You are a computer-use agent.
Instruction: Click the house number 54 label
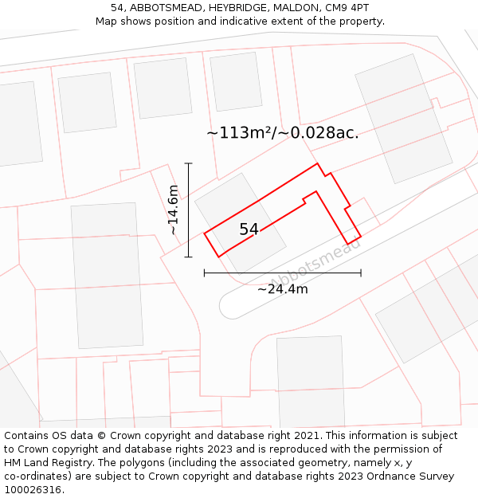click(249, 229)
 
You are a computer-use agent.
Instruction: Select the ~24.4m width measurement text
click(282, 289)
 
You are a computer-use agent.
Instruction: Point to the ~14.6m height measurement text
click(173, 210)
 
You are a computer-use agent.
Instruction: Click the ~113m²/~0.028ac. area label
click(282, 133)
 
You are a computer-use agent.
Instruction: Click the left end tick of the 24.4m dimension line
click(205, 273)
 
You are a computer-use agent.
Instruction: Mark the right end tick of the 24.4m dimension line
click(361, 273)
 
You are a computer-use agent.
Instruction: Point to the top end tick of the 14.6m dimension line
click(189, 163)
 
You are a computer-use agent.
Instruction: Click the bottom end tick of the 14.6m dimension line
click(189, 257)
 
